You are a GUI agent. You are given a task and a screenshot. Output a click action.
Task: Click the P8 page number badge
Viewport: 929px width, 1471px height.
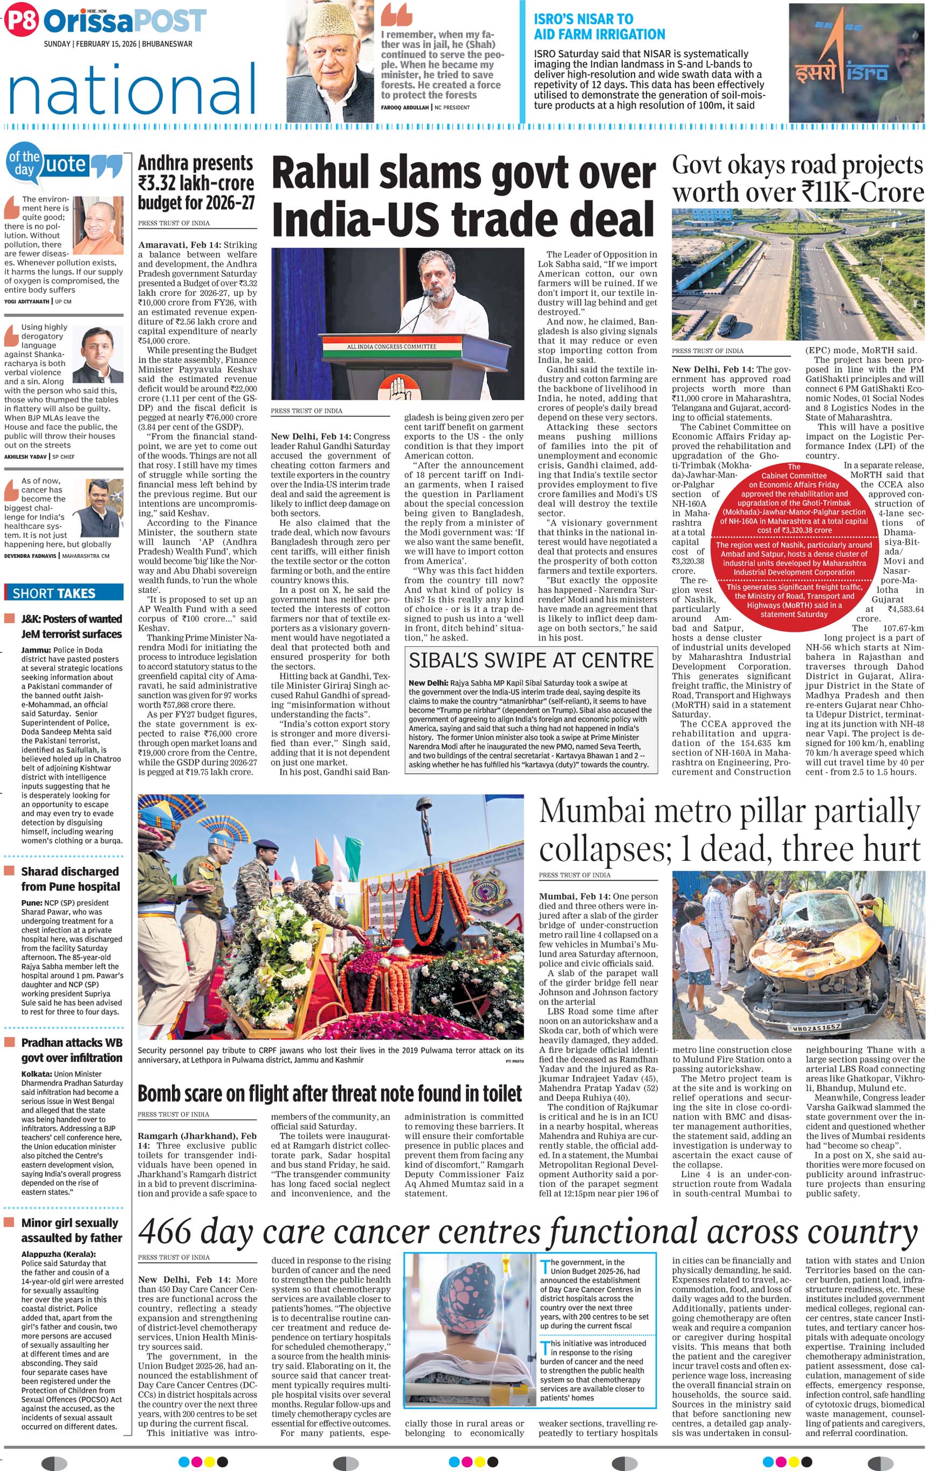20,22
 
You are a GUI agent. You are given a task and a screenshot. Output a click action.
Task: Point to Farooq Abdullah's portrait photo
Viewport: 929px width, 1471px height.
330,62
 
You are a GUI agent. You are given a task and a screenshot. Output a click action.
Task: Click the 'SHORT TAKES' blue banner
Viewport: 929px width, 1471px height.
63,592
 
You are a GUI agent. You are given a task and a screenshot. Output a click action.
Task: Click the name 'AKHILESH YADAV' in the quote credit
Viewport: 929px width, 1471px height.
26,456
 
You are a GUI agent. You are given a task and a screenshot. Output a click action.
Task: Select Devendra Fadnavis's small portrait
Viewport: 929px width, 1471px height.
98,508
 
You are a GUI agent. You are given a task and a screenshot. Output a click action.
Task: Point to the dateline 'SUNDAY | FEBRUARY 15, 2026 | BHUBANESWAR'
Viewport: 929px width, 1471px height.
118,44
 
